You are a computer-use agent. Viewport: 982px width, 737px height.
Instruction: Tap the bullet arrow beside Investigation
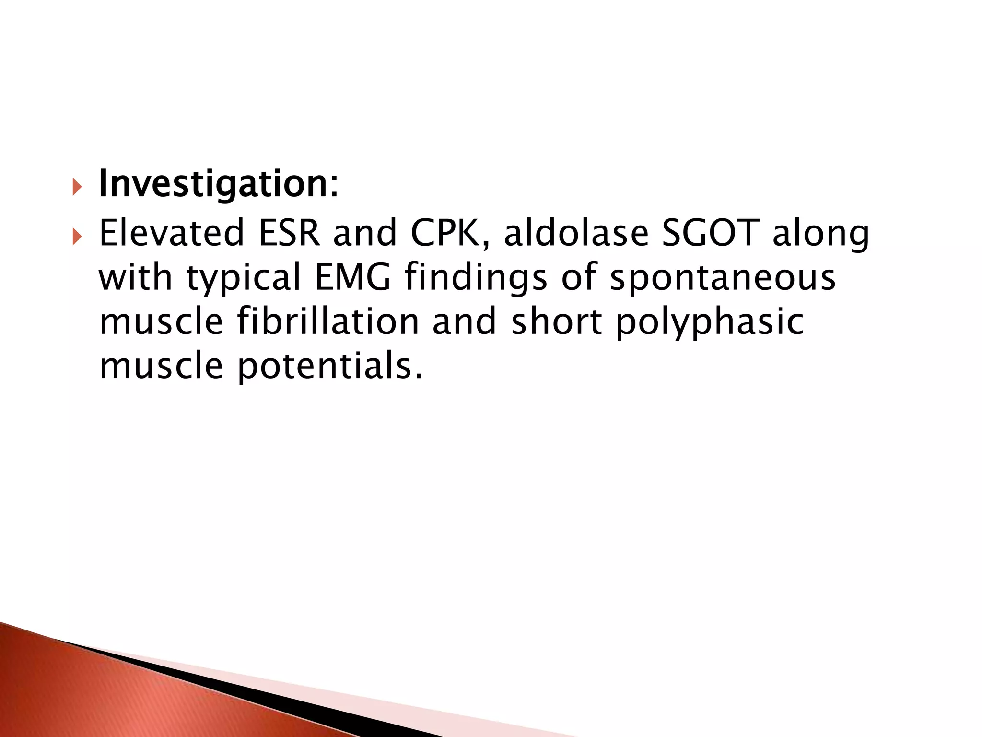point(77,187)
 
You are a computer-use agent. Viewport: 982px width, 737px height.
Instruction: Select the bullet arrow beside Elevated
point(77,236)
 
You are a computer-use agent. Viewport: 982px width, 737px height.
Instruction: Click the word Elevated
point(172,233)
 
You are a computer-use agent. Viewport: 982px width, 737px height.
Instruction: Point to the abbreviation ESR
point(289,233)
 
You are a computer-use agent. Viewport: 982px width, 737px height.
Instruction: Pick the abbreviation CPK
point(450,233)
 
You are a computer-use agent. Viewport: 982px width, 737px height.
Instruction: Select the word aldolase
point(576,233)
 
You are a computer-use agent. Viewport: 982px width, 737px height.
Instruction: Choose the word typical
point(243,279)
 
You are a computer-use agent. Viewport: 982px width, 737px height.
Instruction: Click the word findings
point(476,279)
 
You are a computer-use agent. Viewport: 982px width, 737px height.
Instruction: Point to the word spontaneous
point(723,279)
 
